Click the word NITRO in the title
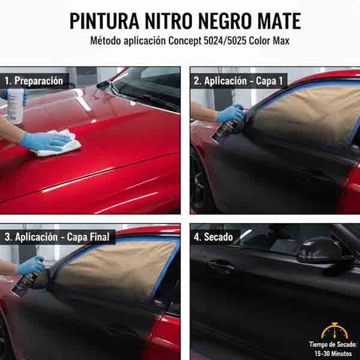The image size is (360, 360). pos(169,21)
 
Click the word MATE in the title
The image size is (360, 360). pos(279,21)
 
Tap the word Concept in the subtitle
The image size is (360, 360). pos(185,41)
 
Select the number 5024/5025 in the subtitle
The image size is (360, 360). pos(225,41)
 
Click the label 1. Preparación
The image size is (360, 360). pos(34,81)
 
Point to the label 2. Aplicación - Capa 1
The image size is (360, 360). pos(238,81)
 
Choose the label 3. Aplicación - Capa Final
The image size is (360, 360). pos(57,237)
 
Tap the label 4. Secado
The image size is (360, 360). pos(213,237)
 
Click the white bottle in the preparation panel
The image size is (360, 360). pos(16,106)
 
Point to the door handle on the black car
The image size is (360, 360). pos(220,266)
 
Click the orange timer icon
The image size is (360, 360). pos(335,331)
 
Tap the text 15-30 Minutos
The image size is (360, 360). pos(333,353)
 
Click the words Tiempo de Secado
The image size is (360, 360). pos(333,344)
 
